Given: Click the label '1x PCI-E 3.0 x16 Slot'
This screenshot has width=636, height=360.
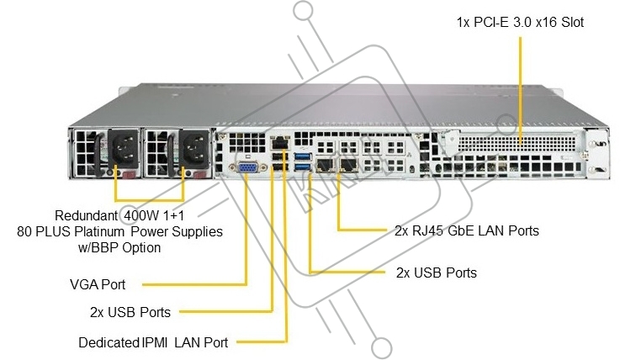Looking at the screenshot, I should (520, 23).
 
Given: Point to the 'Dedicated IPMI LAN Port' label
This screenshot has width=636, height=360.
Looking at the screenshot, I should (153, 341).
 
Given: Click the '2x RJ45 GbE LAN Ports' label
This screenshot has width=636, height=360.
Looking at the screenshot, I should (466, 230).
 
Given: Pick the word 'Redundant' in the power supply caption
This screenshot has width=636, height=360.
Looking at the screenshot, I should (83, 215).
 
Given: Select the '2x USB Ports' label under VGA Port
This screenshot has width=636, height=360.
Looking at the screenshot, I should (130, 312).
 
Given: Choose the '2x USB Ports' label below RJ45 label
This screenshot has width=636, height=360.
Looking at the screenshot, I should (436, 273).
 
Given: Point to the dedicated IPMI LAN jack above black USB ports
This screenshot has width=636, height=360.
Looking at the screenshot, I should (280, 144).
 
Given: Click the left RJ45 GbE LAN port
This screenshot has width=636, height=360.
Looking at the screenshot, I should (326, 165).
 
